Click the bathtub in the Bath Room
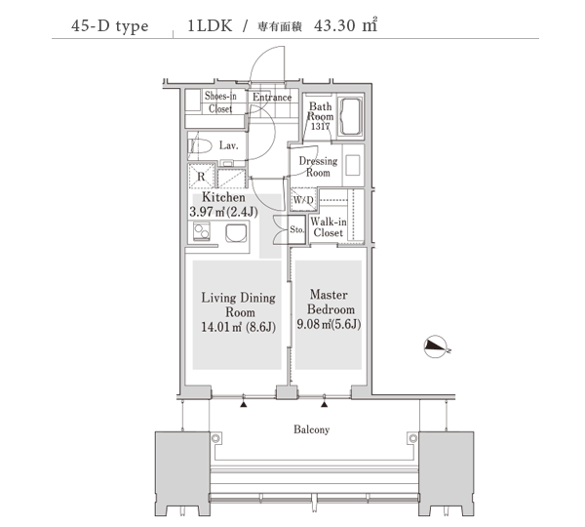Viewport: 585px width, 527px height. (x=351, y=116)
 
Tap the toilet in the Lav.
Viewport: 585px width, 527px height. (x=200, y=146)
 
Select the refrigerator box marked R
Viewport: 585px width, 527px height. (x=201, y=176)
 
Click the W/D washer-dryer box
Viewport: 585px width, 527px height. (x=303, y=199)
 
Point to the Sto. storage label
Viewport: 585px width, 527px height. (x=297, y=229)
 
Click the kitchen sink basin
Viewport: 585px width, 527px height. (x=236, y=233)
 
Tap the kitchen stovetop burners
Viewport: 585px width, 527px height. (x=202, y=231)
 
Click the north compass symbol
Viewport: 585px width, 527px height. (x=437, y=347)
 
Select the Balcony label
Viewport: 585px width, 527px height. (x=312, y=429)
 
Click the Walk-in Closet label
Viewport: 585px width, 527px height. (x=329, y=227)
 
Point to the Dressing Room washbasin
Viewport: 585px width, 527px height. (x=353, y=165)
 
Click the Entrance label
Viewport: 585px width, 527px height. (x=272, y=98)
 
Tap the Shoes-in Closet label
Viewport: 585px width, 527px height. (x=220, y=101)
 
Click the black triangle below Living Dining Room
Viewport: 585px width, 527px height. (x=244, y=404)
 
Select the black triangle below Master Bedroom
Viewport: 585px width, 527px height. (x=325, y=404)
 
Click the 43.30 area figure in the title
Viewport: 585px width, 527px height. (x=334, y=25)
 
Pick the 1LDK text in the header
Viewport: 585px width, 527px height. (x=210, y=25)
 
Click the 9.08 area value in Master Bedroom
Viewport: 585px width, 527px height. (x=308, y=324)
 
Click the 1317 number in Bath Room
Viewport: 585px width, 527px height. (x=320, y=126)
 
